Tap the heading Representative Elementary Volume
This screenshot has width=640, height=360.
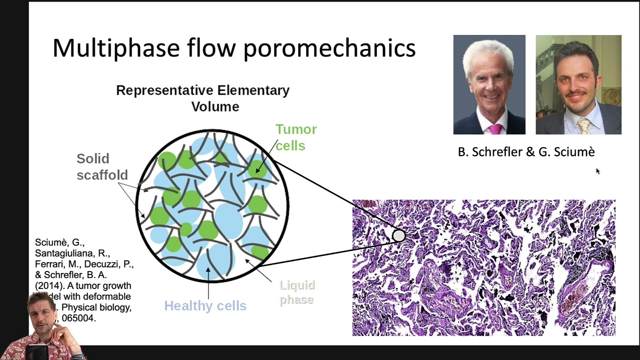coord(203,98)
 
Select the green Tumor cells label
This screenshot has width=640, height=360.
coord(295,137)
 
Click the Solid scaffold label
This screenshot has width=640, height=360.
coord(101,166)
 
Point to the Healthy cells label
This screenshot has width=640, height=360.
coord(205,305)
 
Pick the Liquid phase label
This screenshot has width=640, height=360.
coord(297,292)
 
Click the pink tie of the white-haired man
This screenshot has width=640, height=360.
coord(494,128)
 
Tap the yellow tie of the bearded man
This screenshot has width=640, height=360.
coord(583,126)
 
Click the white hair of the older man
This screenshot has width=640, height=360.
coord(488,55)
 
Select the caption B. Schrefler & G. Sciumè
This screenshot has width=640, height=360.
coord(526,152)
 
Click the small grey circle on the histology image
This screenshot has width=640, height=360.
coord(398,235)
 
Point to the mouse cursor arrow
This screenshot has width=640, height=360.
coord(597,171)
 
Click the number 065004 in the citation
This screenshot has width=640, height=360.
coord(78,318)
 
